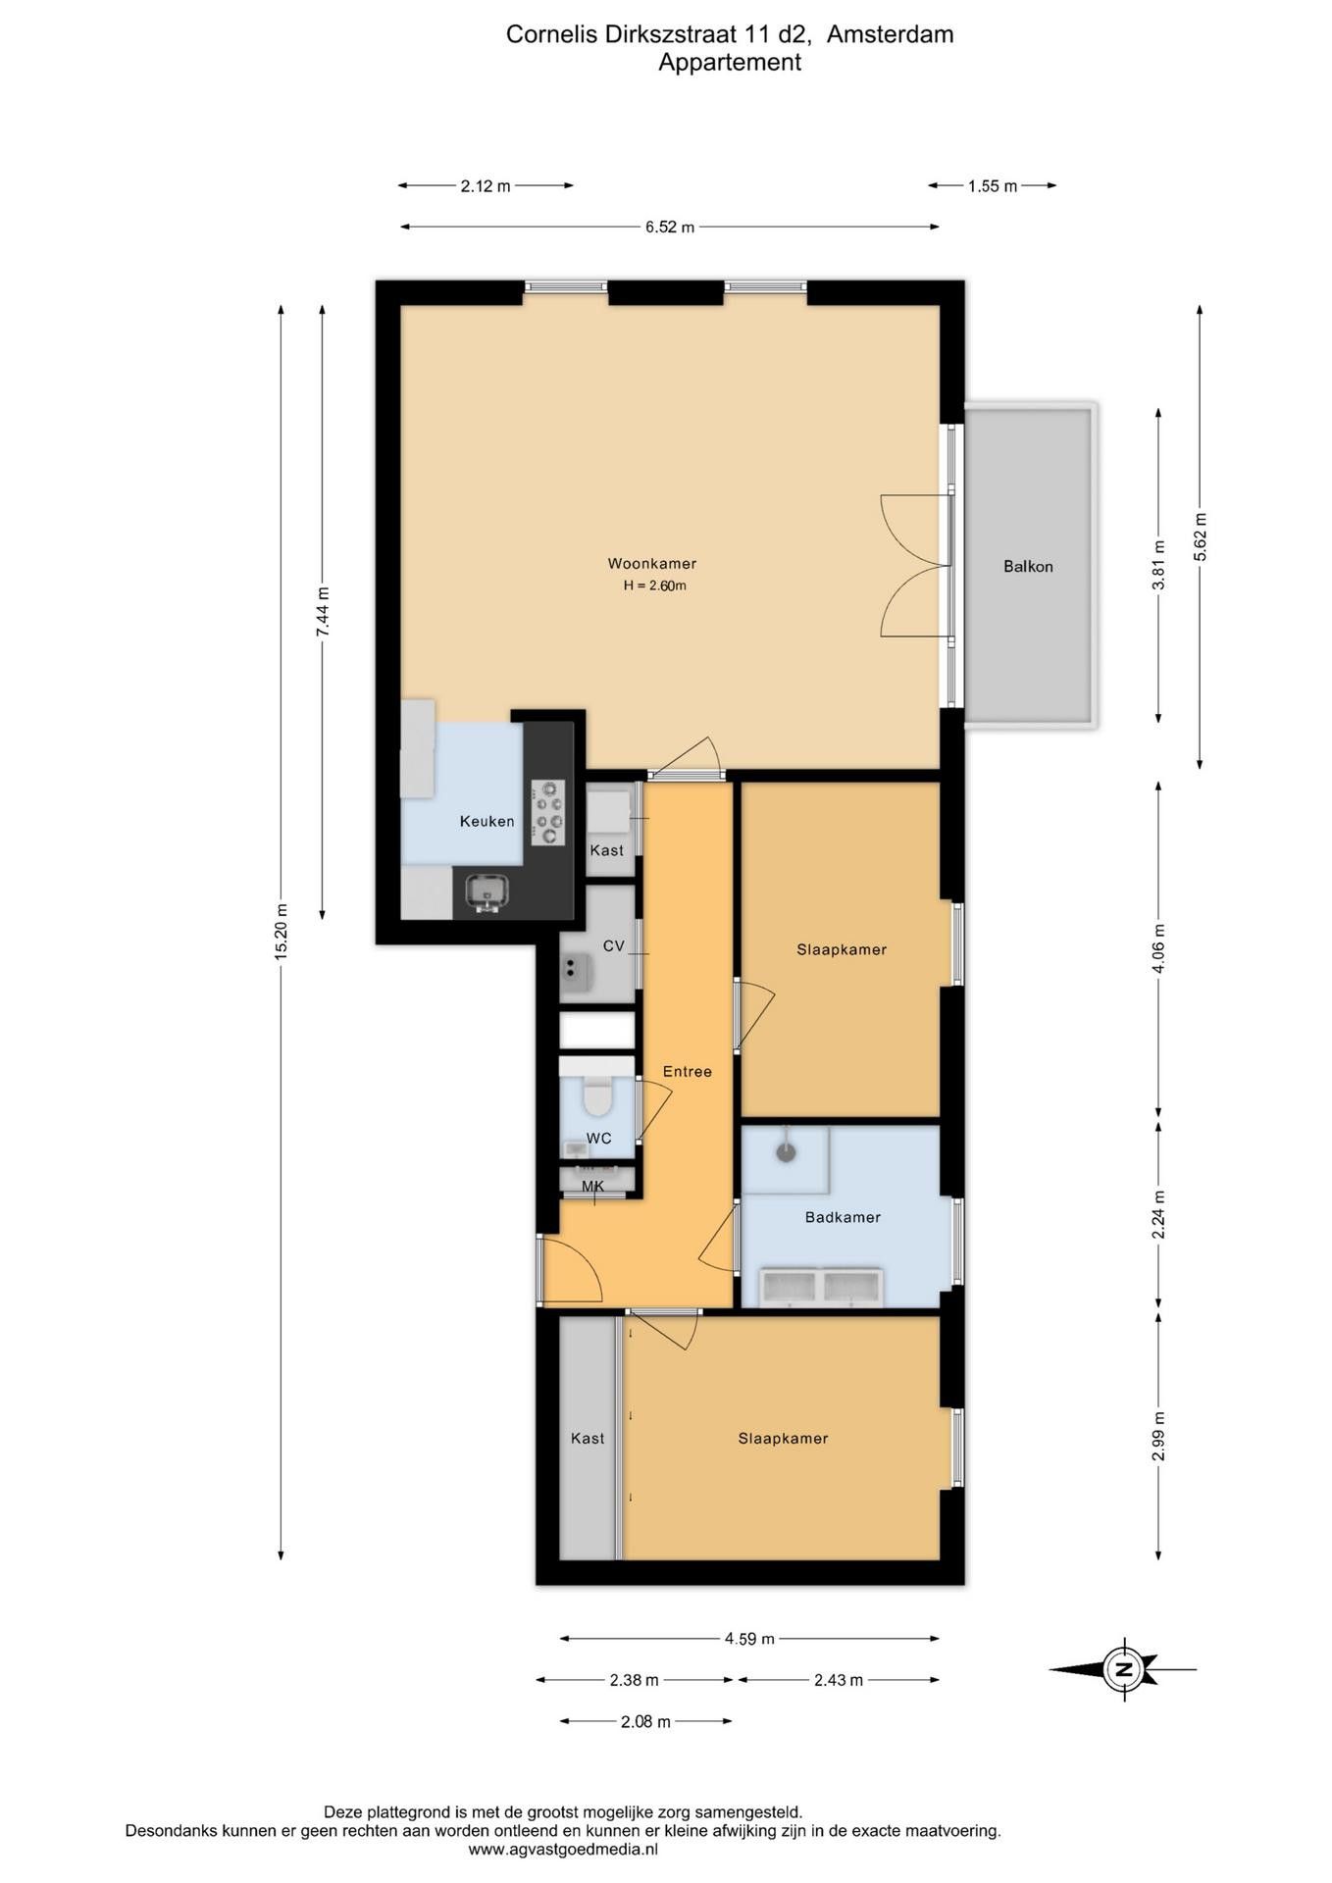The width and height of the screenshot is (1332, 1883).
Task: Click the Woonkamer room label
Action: (x=652, y=564)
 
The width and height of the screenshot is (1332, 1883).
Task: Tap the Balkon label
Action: (x=1028, y=567)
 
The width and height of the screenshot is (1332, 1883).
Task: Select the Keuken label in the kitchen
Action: (x=487, y=822)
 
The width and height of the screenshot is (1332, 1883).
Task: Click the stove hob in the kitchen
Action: (x=548, y=813)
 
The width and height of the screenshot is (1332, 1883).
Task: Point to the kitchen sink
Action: (x=487, y=891)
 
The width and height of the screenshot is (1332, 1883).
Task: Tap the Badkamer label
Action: (x=843, y=1218)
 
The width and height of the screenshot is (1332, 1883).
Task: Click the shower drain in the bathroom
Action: (x=786, y=1152)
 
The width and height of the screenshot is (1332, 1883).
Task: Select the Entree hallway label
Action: (x=687, y=1072)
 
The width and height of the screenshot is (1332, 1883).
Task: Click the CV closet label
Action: (x=614, y=946)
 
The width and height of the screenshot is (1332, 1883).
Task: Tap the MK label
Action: (x=592, y=1187)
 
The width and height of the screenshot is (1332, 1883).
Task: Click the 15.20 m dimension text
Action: (x=282, y=932)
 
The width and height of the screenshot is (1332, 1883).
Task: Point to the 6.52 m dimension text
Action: (x=670, y=228)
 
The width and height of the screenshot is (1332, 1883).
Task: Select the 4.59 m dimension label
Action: (x=749, y=1639)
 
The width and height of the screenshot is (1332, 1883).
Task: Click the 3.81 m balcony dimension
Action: (x=1158, y=566)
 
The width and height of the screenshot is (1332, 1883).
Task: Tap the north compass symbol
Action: (x=1122, y=1668)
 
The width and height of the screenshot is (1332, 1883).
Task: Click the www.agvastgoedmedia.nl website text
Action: (x=563, y=1850)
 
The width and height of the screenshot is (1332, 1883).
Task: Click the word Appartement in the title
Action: (x=730, y=63)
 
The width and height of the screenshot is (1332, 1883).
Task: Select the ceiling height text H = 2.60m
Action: (x=654, y=586)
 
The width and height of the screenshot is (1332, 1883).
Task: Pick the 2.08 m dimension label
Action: (x=645, y=1722)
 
